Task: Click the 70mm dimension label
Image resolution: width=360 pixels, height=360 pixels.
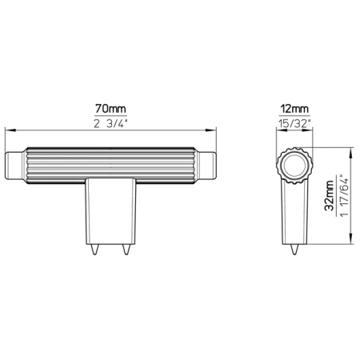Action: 111,107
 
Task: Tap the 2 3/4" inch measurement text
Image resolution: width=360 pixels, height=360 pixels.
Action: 111,123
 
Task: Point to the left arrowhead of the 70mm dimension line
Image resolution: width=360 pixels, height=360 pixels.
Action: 8,130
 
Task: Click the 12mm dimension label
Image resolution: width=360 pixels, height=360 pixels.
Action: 293,107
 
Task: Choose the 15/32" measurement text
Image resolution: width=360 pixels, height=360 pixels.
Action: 293,123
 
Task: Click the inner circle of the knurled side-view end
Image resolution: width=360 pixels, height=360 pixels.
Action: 293,166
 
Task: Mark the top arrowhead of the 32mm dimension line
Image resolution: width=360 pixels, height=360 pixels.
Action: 352,149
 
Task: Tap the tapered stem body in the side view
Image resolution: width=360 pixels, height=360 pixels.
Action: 293,212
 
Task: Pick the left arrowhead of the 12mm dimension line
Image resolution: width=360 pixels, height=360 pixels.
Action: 279,130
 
